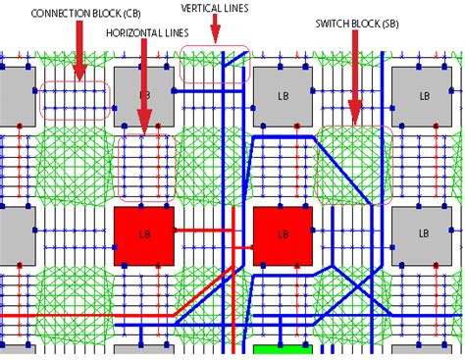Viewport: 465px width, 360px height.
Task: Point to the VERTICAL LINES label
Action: [214, 8]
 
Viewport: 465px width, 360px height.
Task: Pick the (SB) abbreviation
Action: [389, 22]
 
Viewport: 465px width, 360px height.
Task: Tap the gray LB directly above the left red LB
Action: [143, 96]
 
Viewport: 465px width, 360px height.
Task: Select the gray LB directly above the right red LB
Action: [284, 96]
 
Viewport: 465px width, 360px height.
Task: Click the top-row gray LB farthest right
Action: [424, 96]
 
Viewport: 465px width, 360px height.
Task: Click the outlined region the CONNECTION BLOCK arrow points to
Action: [75, 101]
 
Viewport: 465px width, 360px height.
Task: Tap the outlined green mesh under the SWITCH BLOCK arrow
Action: [354, 164]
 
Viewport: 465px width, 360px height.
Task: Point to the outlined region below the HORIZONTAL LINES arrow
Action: [144, 164]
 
